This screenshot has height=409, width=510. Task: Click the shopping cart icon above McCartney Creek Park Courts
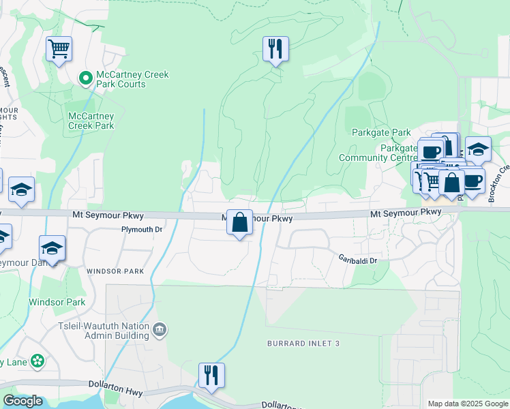(x=59, y=49)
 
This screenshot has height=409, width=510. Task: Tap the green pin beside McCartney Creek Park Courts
(x=86, y=79)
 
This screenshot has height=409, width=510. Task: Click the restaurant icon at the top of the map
(x=275, y=49)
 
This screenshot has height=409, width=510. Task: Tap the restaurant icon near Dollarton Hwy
(x=211, y=375)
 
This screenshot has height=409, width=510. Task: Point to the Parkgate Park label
(x=381, y=132)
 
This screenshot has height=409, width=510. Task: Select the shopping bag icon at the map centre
(x=239, y=222)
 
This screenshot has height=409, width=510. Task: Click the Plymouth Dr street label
(x=142, y=230)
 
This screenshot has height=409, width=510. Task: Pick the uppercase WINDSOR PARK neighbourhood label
(x=115, y=271)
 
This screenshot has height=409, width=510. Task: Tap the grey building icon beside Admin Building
(x=160, y=330)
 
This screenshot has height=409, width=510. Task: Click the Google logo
(x=22, y=401)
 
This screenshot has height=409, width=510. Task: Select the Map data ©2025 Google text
(x=467, y=404)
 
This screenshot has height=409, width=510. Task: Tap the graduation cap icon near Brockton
(x=478, y=149)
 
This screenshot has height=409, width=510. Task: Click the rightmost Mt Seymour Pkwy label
(x=406, y=213)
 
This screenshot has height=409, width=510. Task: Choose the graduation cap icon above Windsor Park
(x=52, y=248)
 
